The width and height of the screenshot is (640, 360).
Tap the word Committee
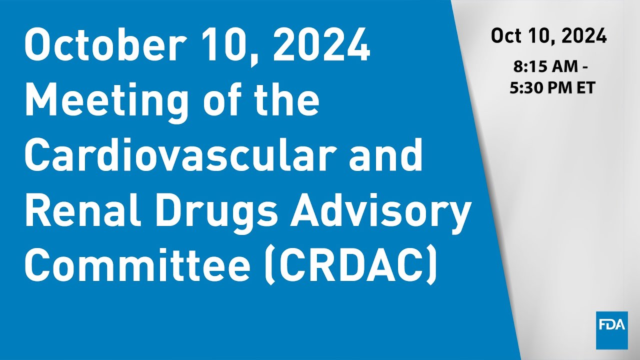pos(136,265)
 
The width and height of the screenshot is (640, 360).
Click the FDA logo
pos(611,330)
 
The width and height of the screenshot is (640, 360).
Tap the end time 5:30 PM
pos(538,88)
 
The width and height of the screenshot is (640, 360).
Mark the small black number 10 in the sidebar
pos(541,36)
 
